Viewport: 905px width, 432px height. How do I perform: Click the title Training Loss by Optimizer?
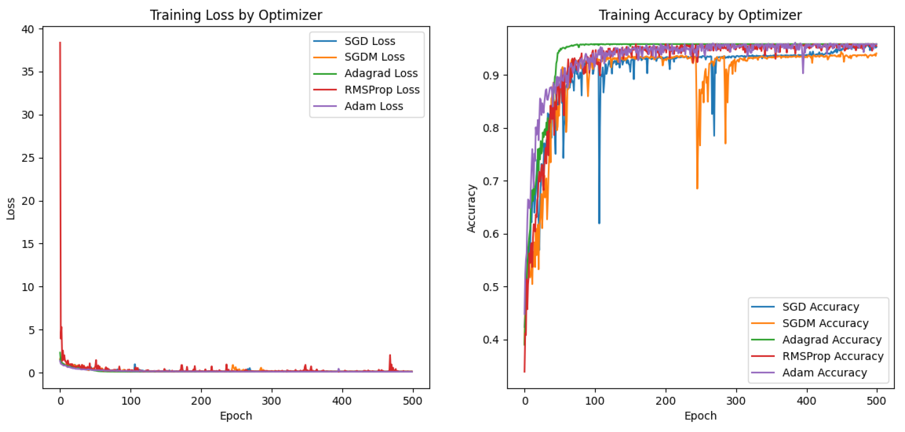pos(236,15)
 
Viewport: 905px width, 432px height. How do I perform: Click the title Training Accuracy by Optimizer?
pos(700,15)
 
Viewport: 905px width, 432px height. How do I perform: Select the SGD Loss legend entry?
pos(370,41)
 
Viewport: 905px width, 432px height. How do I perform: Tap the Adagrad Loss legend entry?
pos(381,73)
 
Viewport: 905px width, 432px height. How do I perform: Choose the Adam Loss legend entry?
pos(373,106)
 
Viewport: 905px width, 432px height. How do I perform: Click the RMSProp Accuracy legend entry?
pos(832,356)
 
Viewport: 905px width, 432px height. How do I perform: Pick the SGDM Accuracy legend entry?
pos(825,323)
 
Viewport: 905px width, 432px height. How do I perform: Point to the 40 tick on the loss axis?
pos(28,29)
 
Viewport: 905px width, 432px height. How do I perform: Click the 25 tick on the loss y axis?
pos(28,158)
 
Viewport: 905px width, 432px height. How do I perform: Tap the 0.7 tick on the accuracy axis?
pos(490,181)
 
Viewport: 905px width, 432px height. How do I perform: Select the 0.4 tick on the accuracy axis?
pos(490,340)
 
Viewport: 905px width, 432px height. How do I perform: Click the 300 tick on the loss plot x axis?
pos(271,401)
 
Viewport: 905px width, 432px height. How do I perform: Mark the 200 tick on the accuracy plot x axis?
pos(665,401)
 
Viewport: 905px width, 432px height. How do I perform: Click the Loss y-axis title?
pos(11,209)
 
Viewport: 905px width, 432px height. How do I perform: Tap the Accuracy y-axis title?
pos(471,208)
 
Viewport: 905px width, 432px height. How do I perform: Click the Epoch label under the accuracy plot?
pos(700,416)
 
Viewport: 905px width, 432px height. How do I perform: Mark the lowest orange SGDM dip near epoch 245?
pos(697,188)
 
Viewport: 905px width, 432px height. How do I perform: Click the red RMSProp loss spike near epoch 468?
pos(390,355)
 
